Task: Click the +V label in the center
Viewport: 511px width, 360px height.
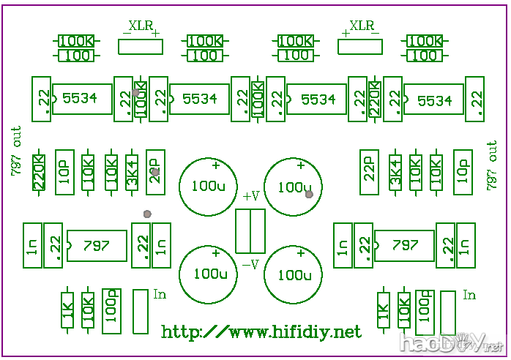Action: (x=250, y=196)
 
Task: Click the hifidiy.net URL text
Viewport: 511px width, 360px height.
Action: (x=261, y=332)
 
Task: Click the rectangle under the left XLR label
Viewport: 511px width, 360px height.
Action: (x=141, y=47)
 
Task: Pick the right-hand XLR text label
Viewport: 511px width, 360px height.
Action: (x=362, y=26)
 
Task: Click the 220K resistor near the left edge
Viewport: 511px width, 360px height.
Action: (x=40, y=173)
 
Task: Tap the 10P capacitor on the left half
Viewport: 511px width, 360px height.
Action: (x=64, y=173)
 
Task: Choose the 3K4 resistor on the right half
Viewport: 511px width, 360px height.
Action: (x=395, y=173)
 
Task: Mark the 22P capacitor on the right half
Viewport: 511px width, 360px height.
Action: (x=370, y=173)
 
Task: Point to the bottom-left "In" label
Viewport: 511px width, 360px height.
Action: (x=160, y=294)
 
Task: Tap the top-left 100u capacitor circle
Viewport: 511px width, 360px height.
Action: (x=209, y=184)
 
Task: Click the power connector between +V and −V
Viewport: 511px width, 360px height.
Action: (x=250, y=230)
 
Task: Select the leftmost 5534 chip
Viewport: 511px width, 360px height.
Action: (x=81, y=98)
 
